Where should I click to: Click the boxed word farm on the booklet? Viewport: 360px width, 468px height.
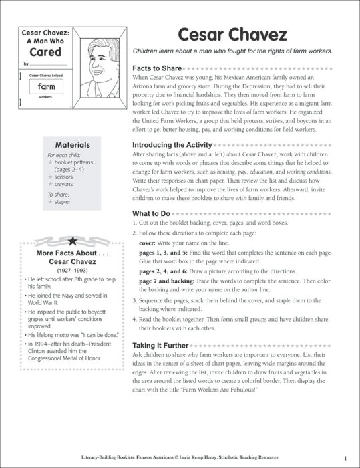pos(46,86)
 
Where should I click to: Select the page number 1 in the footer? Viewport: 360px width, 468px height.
pos(345,457)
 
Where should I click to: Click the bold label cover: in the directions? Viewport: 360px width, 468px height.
pos(149,243)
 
